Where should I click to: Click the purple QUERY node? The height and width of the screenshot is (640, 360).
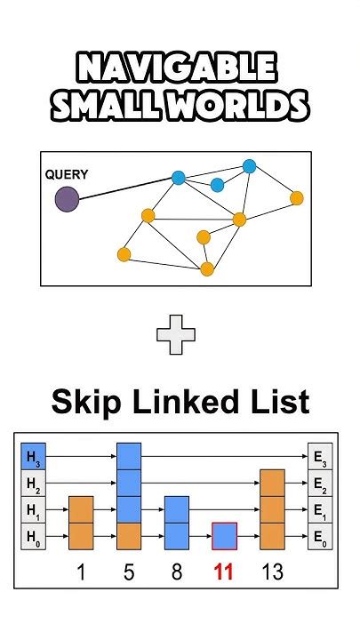[x=67, y=198]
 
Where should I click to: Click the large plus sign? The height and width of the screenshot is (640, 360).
[x=175, y=335]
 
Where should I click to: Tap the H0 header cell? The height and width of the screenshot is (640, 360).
[x=33, y=536]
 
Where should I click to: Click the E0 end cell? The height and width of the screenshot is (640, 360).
[x=319, y=536]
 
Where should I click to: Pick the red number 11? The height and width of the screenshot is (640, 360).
[x=224, y=572]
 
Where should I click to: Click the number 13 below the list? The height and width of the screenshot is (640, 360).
[x=272, y=572]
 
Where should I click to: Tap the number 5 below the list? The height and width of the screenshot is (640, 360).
[x=129, y=572]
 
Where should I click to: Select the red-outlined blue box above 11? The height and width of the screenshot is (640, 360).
[x=224, y=536]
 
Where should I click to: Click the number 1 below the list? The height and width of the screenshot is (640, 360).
[x=81, y=572]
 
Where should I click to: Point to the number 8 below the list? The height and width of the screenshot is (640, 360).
[x=177, y=572]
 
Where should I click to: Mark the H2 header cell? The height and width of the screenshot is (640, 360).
[x=33, y=483]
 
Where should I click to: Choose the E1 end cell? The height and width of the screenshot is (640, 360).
[x=319, y=509]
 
